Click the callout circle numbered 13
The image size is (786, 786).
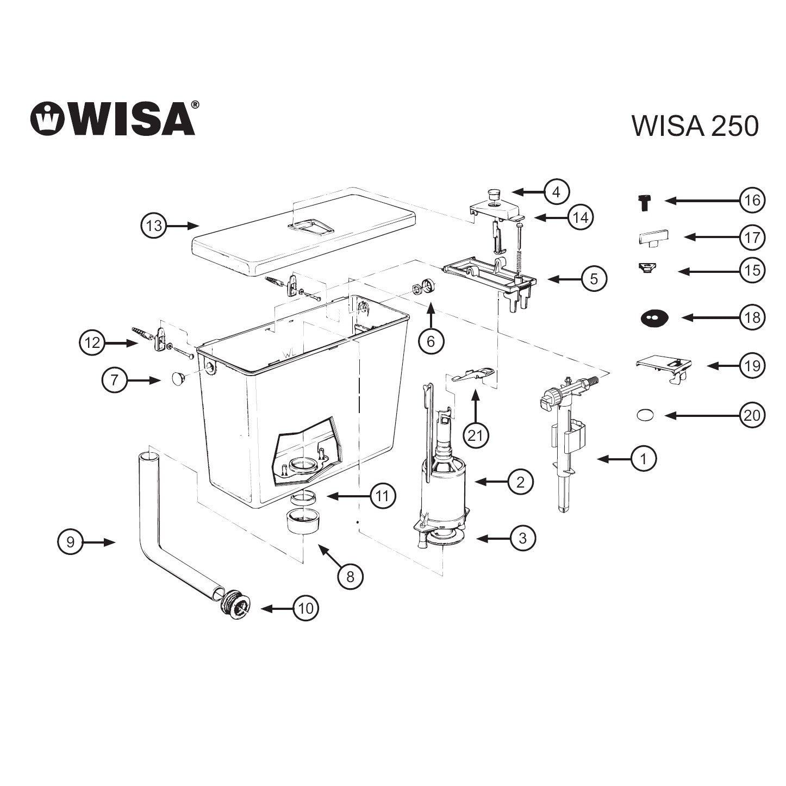154,225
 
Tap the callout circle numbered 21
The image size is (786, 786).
476,435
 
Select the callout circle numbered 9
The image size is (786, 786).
70,542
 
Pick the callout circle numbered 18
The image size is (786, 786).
752,317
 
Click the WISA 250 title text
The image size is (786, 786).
695,126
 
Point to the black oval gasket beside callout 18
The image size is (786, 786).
654,318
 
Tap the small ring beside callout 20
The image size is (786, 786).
645,415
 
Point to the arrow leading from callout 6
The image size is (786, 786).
431,316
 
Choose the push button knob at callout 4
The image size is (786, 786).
493,194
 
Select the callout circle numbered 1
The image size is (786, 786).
644,459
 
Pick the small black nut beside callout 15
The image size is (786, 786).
646,269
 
